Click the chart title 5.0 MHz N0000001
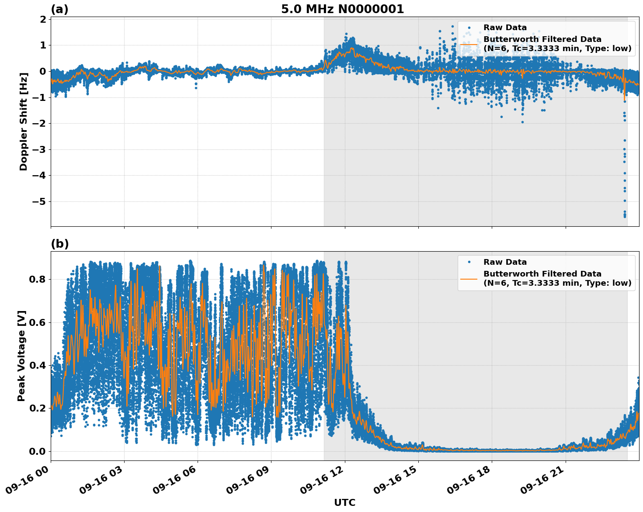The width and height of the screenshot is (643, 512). (x=342, y=9)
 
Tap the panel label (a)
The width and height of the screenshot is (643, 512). (x=59, y=9)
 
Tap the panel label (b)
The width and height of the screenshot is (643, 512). (x=60, y=244)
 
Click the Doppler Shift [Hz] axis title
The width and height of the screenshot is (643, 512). (x=24, y=121)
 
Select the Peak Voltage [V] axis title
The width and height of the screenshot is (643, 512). (x=21, y=356)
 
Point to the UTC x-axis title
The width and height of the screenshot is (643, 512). (x=344, y=502)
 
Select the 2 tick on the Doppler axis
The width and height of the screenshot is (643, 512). (x=43, y=19)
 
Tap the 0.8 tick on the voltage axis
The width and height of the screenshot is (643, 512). (x=37, y=279)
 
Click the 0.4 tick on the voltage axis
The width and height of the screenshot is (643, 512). (x=37, y=365)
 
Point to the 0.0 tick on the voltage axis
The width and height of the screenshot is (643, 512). (x=37, y=451)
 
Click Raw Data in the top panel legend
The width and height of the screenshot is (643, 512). (x=505, y=28)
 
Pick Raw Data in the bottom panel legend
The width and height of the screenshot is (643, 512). (x=505, y=262)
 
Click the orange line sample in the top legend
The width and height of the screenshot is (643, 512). (x=469, y=44)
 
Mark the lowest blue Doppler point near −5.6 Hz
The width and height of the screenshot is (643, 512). (x=625, y=216)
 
